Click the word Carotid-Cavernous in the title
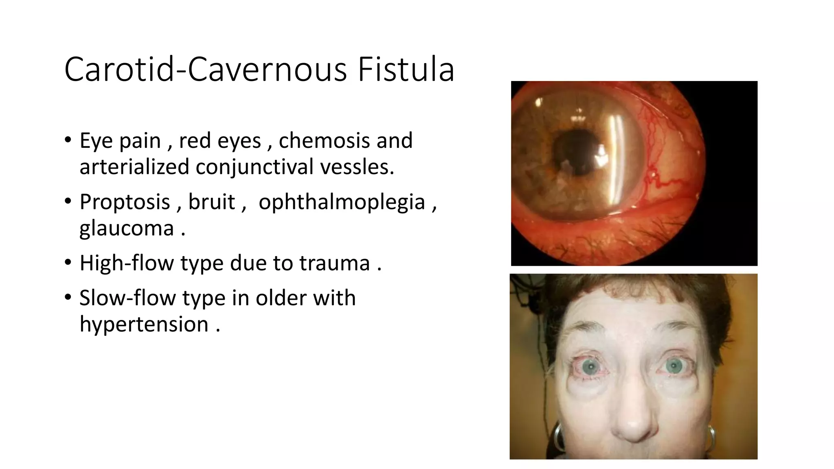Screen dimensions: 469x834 point(206,70)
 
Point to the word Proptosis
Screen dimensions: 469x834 point(124,202)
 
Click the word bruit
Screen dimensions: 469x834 point(211,202)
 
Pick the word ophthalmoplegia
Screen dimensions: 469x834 point(342,202)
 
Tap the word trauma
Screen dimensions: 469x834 point(334,263)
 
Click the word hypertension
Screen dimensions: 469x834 point(144,324)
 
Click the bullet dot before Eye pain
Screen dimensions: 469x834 point(68,140)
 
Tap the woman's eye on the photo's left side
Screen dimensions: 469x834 point(590,366)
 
